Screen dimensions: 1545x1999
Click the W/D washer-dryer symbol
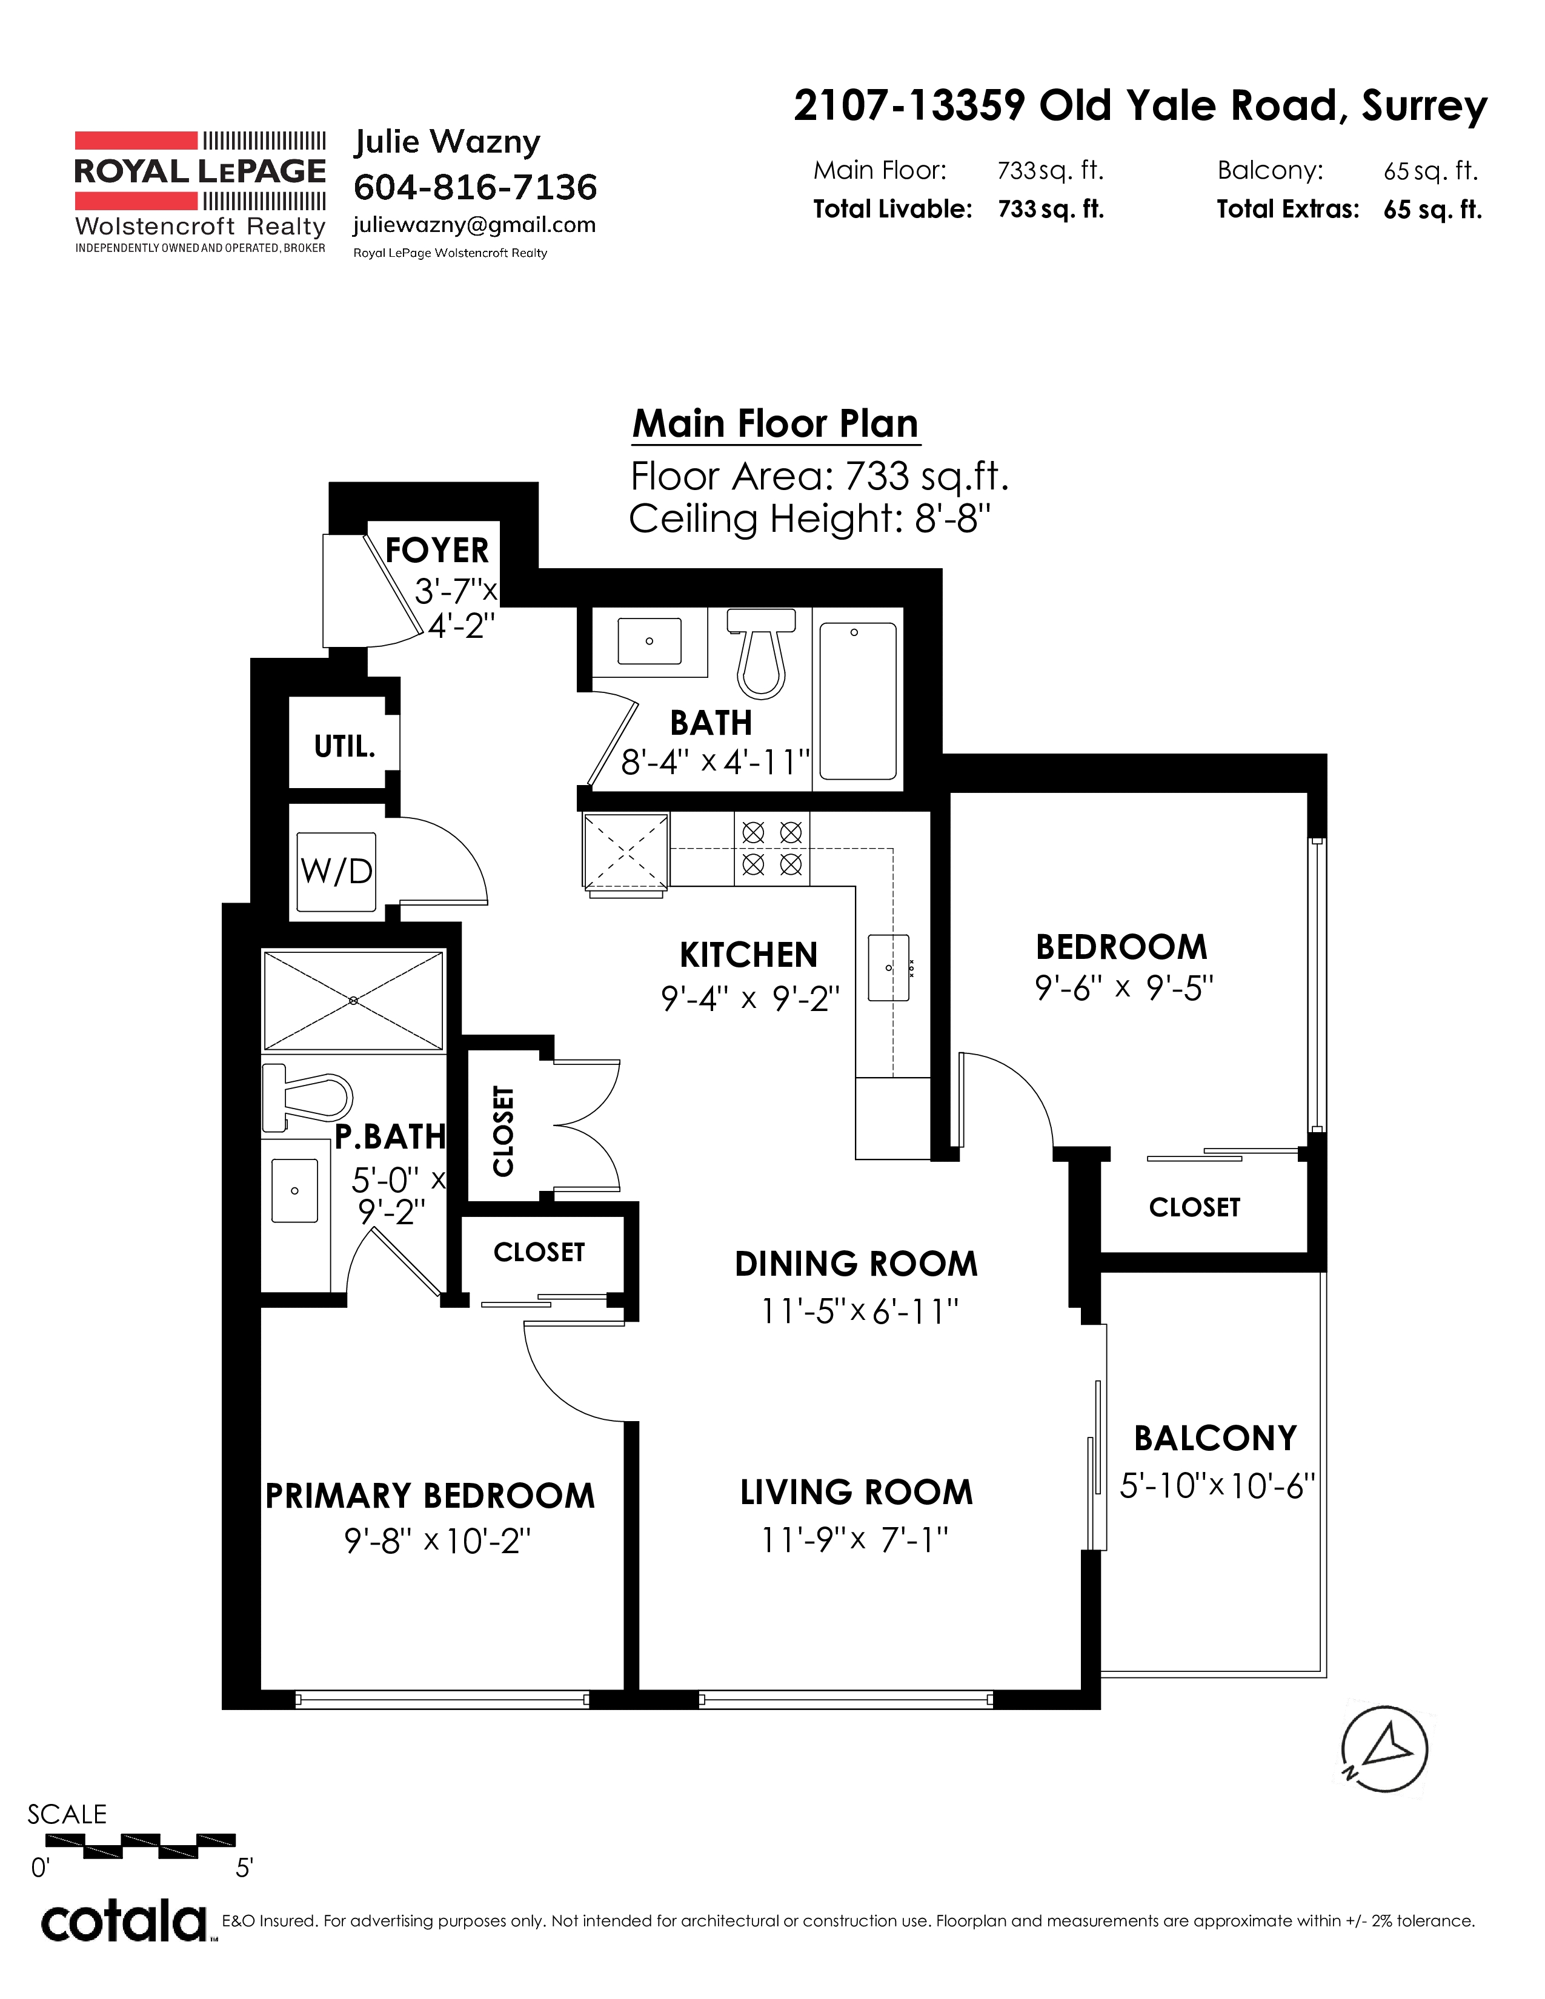pos(337,871)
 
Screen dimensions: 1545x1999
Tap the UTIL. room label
pos(344,747)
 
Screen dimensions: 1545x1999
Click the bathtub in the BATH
pos(857,701)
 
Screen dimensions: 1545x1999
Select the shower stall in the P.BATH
pos(353,1001)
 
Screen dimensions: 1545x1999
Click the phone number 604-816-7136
pos(475,188)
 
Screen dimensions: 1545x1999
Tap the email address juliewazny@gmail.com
pos(474,226)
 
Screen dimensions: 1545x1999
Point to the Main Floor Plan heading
pos(776,424)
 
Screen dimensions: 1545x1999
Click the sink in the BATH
pos(650,641)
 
